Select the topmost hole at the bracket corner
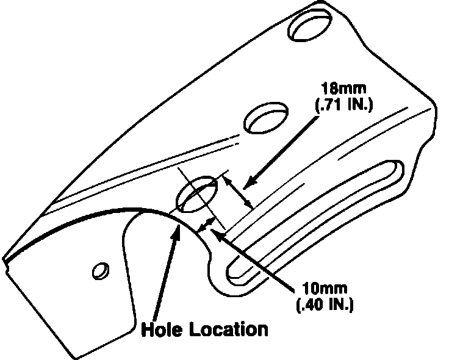[x=312, y=24]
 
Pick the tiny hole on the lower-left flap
[x=99, y=269]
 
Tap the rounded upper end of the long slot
[x=397, y=171]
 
